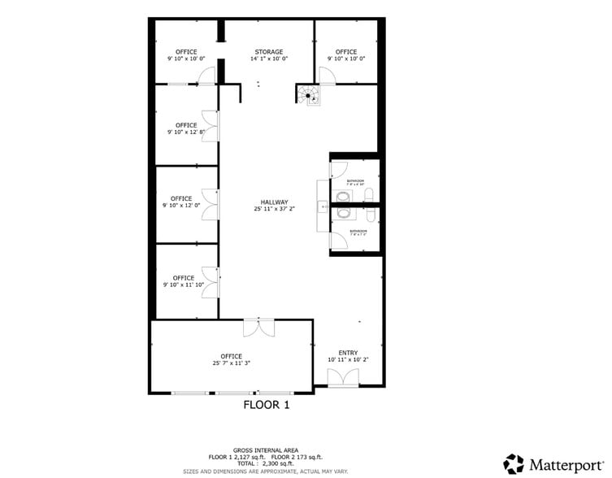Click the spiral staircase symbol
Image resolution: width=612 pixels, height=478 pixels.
click(308, 96)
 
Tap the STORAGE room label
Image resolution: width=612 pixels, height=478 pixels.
click(267, 52)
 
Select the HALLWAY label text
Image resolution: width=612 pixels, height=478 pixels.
click(274, 202)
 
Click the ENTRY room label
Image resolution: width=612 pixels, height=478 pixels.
click(348, 353)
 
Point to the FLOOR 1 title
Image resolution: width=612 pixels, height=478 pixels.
click(267, 404)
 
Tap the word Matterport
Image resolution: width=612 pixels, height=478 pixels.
click(563, 465)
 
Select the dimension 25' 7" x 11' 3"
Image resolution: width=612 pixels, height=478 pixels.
click(231, 363)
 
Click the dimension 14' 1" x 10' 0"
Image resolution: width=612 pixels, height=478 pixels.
click(267, 59)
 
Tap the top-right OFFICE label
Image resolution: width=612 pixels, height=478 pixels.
click(346, 52)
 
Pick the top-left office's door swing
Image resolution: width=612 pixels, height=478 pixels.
click(205, 76)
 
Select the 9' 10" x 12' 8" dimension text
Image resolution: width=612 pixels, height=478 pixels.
click(186, 133)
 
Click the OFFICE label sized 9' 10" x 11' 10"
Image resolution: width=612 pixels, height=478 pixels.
click(184, 278)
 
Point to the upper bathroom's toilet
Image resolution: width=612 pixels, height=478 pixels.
click(370, 193)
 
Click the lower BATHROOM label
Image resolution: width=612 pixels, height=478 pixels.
click(358, 232)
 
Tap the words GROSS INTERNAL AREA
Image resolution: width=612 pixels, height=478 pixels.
click(266, 450)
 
